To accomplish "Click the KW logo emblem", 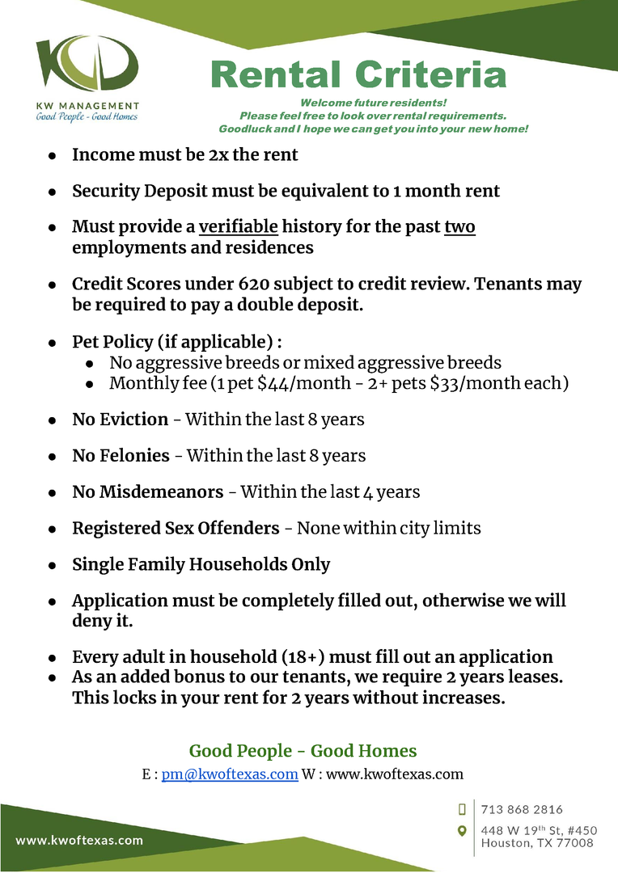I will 87,65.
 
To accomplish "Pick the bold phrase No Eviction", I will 121,420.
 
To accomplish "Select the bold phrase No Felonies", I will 121,456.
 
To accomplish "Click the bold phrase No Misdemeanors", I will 148,491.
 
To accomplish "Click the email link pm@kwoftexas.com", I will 231,774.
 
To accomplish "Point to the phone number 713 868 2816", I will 522,809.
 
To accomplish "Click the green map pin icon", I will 463,831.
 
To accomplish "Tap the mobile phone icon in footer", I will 463,809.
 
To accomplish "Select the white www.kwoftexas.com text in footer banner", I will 79,840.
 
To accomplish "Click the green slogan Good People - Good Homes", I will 303,751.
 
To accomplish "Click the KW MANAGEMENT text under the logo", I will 87,106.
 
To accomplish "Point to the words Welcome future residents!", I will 373,103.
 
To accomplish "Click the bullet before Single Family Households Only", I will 52,565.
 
